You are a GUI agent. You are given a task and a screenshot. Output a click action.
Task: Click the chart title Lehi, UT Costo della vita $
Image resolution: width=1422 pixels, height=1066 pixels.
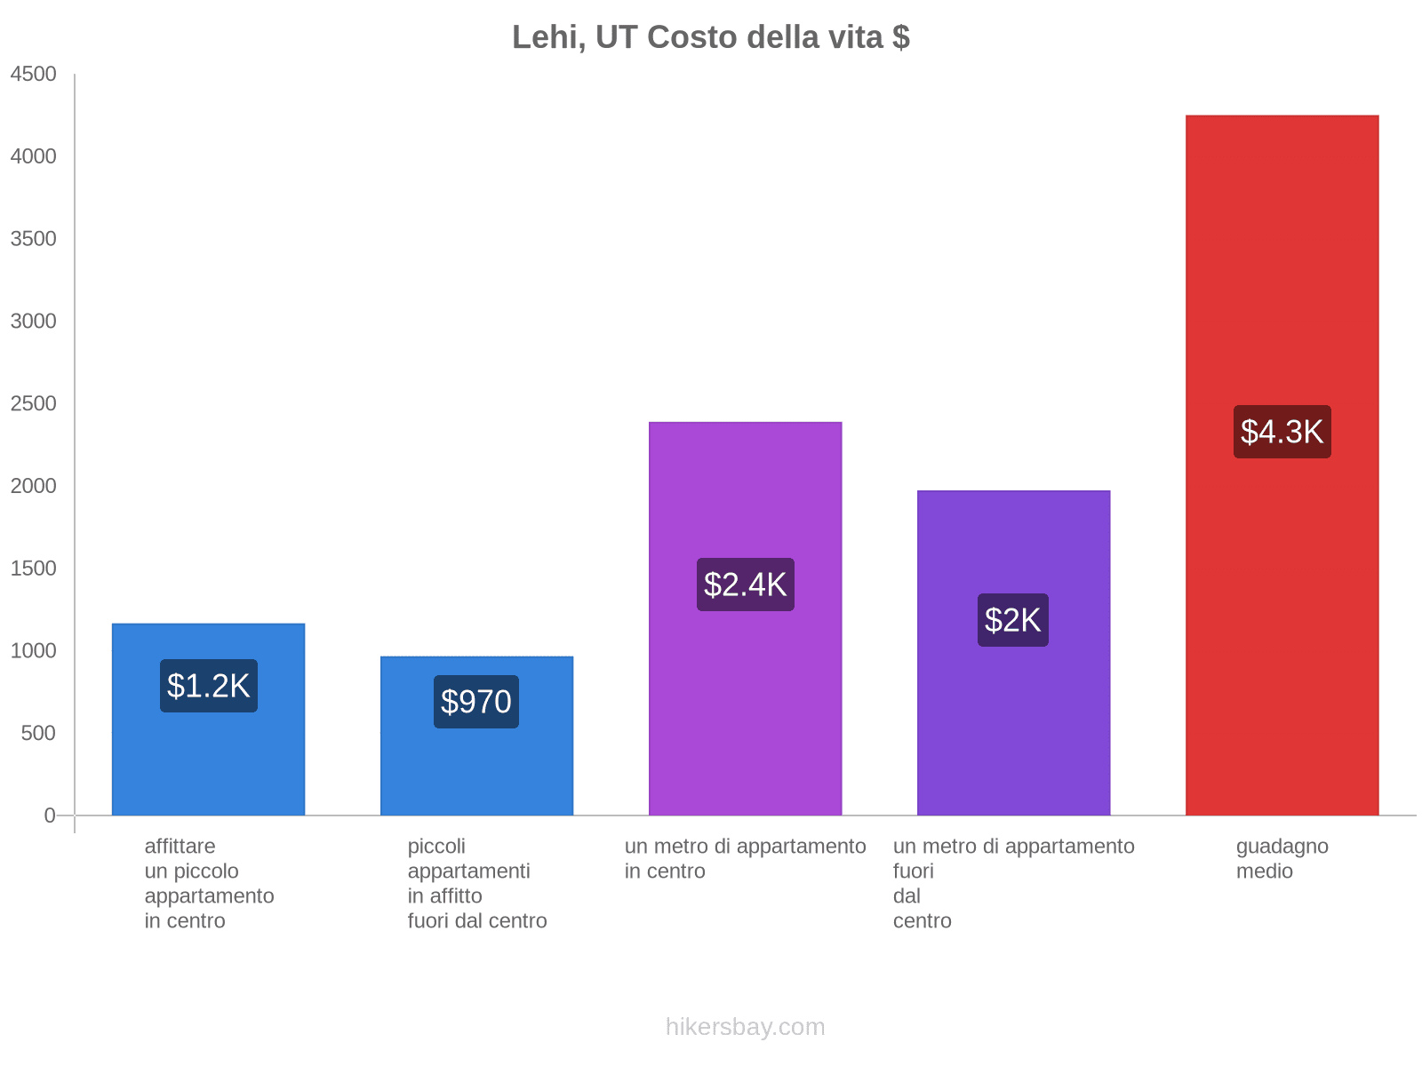pyautogui.click(x=710, y=37)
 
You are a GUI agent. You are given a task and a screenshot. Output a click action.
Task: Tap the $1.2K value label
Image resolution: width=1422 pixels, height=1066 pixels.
pyautogui.click(x=209, y=686)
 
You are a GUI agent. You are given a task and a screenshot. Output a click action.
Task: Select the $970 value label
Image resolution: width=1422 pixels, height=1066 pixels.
pyautogui.click(x=476, y=702)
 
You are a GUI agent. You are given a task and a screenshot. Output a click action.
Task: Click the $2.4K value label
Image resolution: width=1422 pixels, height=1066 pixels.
pyautogui.click(x=745, y=585)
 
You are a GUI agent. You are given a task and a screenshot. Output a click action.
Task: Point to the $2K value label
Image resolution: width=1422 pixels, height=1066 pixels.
pyautogui.click(x=1012, y=620)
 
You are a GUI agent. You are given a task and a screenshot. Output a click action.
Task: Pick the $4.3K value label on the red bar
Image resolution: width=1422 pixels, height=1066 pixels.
pyautogui.click(x=1282, y=432)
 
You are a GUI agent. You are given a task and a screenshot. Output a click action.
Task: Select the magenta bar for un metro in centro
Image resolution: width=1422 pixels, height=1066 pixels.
pyautogui.click(x=745, y=711)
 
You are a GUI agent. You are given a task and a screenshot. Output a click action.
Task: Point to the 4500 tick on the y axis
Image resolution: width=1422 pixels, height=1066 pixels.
pyautogui.click(x=34, y=75)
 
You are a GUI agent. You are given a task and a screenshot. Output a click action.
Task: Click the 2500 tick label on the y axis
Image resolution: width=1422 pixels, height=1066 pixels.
pyautogui.click(x=34, y=404)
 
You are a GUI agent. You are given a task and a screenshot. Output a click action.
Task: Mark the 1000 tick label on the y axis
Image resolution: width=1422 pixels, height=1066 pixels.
pyautogui.click(x=34, y=651)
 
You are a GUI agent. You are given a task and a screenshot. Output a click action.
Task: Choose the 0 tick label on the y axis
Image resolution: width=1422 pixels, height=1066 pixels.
pyautogui.click(x=50, y=815)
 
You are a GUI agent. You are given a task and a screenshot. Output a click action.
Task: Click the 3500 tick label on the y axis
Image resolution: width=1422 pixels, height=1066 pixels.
pyautogui.click(x=34, y=239)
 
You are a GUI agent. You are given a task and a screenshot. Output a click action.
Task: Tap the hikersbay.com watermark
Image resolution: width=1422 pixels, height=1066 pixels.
pyautogui.click(x=745, y=1027)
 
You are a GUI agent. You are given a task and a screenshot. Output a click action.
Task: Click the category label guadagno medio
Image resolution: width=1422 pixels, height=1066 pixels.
pyautogui.click(x=1282, y=858)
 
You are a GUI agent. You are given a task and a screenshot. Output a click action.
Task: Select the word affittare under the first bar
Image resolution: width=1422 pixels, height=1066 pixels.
pyautogui.click(x=180, y=847)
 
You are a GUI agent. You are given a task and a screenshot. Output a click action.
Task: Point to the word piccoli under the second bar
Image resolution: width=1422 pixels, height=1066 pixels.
pyautogui.click(x=436, y=847)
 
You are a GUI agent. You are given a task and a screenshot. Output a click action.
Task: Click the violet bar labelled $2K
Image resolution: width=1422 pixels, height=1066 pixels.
pyautogui.click(x=1013, y=728)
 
